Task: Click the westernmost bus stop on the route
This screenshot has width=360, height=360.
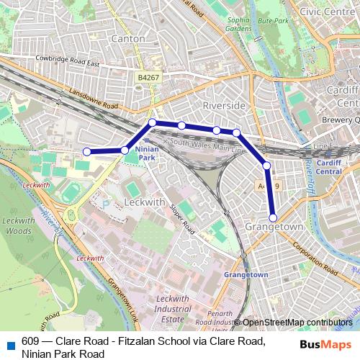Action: pyautogui.click(x=86, y=151)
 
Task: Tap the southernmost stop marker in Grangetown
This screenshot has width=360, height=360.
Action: pyautogui.click(x=274, y=217)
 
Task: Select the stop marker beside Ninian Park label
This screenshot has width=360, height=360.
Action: pyautogui.click(x=125, y=150)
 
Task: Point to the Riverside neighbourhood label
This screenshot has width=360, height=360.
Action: pyautogui.click(x=224, y=105)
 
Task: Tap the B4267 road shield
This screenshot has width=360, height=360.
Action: pyautogui.click(x=149, y=76)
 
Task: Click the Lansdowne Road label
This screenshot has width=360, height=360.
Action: pyautogui.click(x=93, y=99)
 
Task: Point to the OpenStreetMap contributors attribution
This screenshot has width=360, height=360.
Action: pyautogui.click(x=297, y=323)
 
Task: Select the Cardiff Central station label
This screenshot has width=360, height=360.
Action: pyautogui.click(x=328, y=166)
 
